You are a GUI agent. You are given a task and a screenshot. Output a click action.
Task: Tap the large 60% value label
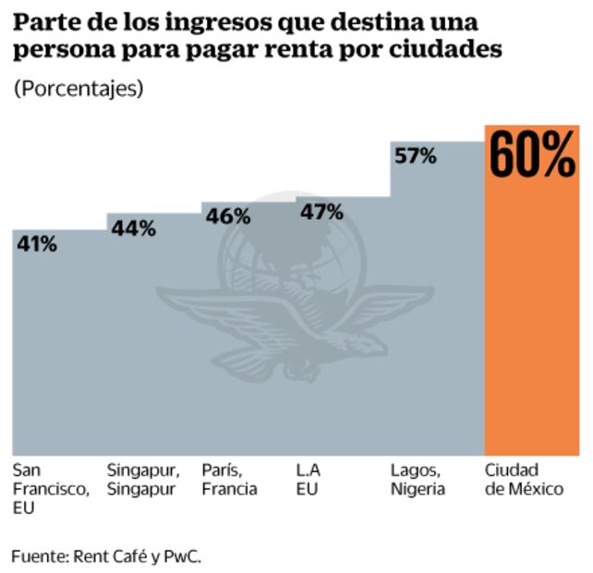531,155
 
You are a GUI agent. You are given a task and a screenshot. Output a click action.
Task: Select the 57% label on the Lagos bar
415,156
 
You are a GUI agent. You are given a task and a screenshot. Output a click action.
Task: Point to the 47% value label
321,212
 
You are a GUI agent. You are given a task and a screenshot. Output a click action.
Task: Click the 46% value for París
227,216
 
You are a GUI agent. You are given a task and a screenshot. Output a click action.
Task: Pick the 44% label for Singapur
133,229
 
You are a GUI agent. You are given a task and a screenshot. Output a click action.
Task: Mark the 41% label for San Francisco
36,245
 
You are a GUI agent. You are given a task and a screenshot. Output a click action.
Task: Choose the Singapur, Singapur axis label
143,479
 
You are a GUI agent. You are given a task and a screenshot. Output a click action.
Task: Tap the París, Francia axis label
229,479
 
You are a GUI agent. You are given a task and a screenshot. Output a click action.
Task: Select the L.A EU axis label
309,479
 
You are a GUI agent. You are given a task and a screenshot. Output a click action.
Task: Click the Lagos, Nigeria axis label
418,479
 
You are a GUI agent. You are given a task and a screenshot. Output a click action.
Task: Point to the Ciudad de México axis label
524,479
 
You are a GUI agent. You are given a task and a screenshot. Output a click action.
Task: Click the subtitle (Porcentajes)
79,89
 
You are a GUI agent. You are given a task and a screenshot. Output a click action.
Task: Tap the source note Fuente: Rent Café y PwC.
106,555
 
